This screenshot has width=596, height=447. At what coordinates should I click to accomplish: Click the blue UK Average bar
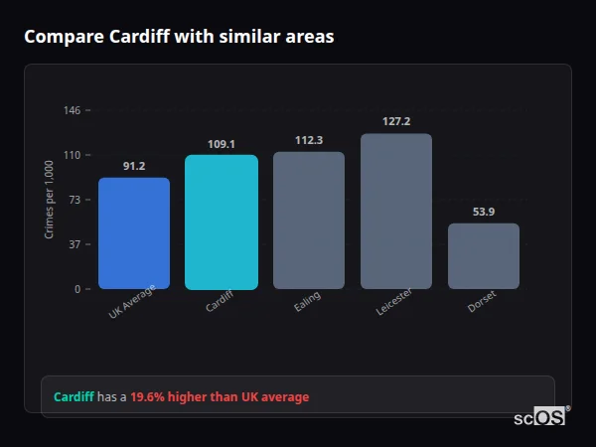134,233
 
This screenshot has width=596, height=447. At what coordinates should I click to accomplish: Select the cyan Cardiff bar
222,223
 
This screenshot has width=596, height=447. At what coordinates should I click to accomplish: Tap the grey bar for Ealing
309,221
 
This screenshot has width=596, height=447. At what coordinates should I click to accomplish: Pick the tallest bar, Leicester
396,212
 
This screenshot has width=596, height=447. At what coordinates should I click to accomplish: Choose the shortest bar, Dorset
484,256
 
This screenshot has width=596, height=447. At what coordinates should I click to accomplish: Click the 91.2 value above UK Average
134,166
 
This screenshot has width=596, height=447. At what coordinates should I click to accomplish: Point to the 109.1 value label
222,144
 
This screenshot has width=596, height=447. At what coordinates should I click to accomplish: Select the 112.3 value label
309,140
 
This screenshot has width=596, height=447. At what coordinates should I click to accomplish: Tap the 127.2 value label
396,122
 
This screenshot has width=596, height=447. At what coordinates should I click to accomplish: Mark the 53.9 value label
484,212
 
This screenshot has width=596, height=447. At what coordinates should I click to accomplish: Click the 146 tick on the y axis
73,110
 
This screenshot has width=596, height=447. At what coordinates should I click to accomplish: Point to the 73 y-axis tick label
75,200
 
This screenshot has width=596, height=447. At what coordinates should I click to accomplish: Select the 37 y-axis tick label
75,244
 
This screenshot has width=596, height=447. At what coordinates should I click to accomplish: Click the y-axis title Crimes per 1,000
50,200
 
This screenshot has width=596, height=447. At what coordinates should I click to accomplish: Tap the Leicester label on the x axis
393,303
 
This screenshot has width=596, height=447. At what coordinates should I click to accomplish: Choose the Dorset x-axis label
482,301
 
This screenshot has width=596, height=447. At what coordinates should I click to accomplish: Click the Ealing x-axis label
307,301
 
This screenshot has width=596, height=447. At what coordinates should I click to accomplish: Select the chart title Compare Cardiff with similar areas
179,37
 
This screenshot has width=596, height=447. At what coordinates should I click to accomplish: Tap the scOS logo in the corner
540,416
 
